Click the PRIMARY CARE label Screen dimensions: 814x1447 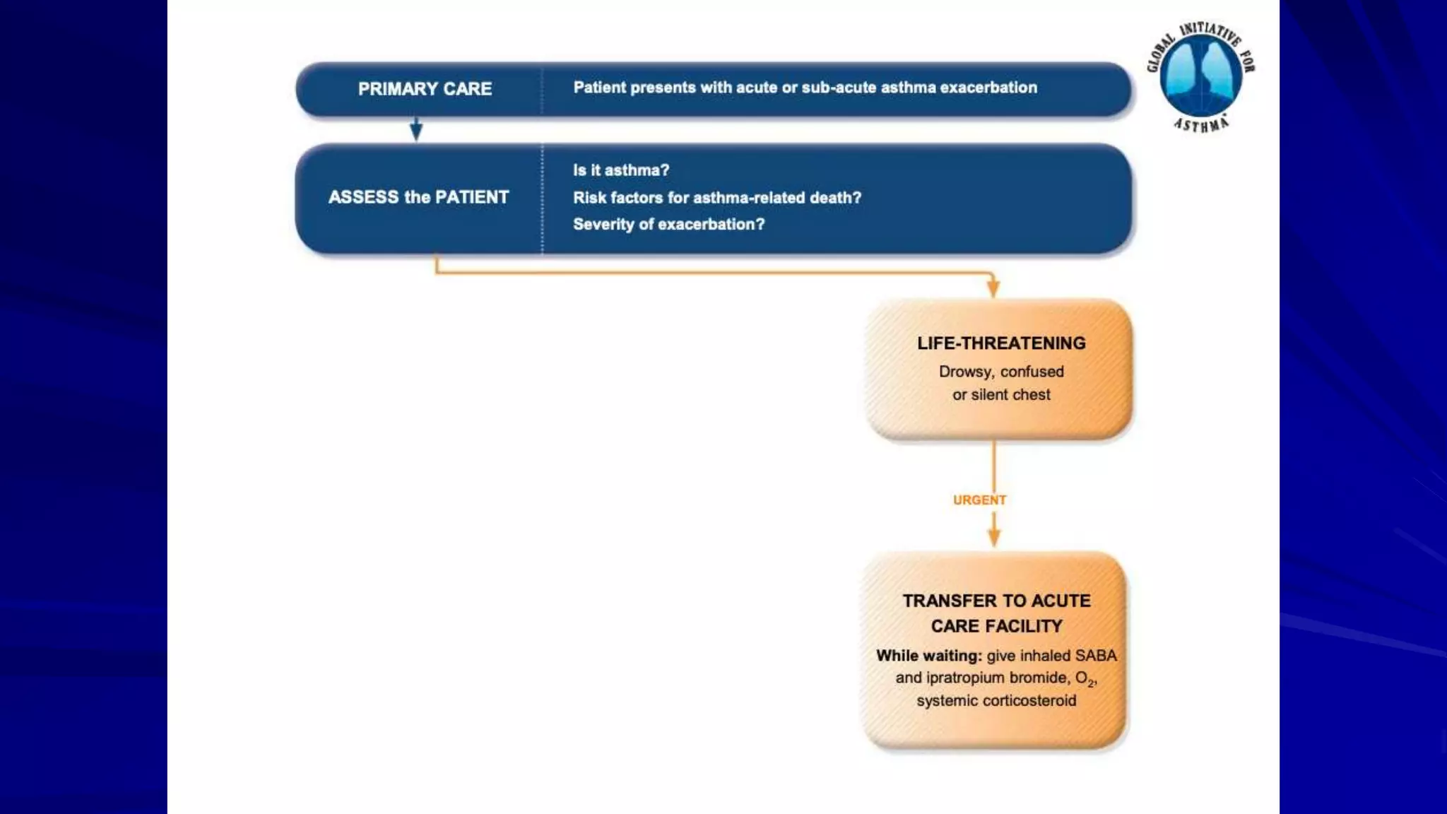tap(425, 89)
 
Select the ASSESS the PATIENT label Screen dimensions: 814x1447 tap(418, 197)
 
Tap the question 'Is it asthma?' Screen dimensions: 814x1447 tap(620, 170)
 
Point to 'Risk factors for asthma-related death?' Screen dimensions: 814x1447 tap(716, 198)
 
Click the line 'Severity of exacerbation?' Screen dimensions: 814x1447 tap(668, 224)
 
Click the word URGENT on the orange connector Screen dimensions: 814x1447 tap(979, 500)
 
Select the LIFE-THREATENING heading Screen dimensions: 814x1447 tap(1001, 343)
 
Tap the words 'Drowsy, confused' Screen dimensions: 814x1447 tap(1001, 372)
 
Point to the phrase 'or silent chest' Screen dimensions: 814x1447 tap(1001, 395)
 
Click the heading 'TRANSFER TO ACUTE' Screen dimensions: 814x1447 tap(996, 601)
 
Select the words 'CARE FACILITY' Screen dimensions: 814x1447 tap(996, 626)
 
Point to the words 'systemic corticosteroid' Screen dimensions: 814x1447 tap(996, 701)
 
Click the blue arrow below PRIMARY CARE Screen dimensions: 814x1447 tap(416, 130)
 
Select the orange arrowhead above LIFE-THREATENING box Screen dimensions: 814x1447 tap(993, 287)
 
